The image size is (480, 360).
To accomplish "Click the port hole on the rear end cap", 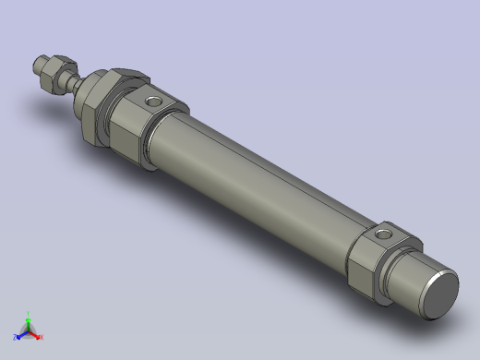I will point(383,236).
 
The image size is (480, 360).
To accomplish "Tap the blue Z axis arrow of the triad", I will point(20,335).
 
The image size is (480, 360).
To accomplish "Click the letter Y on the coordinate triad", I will point(29,312).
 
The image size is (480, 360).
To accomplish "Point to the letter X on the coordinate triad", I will point(42,338).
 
